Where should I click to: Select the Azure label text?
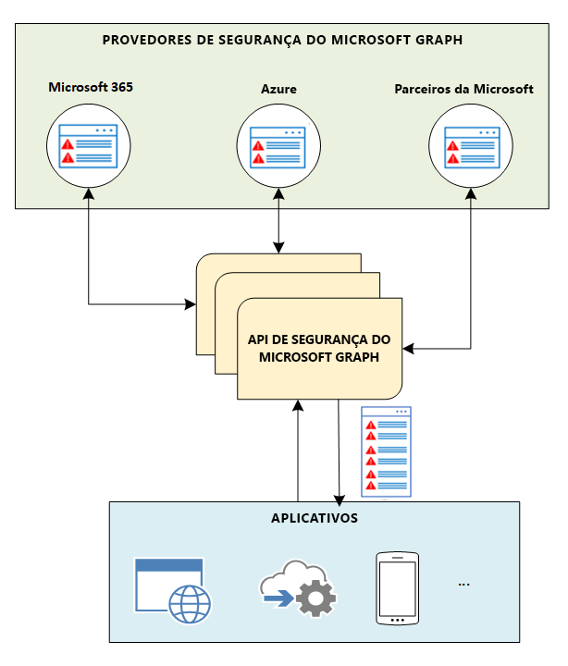pos(278,90)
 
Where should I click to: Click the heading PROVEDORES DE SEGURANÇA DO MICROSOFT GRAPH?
pos(282,40)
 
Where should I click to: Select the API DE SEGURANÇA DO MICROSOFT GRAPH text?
pos(319,349)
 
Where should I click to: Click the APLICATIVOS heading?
pos(314,517)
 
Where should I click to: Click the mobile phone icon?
pos(397,589)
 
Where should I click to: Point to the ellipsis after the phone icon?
pos(463,585)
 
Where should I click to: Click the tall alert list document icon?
pos(386,451)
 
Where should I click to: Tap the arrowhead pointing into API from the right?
pos(410,349)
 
